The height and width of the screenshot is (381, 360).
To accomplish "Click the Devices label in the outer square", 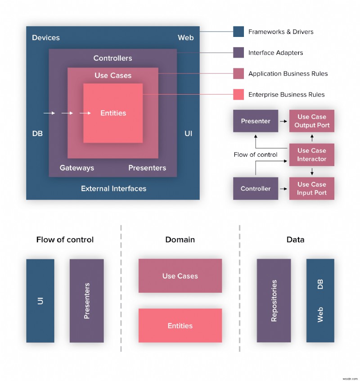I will pos(45,38).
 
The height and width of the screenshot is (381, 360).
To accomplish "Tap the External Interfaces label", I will pos(113,188).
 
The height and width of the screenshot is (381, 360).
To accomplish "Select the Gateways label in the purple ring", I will pos(77,168).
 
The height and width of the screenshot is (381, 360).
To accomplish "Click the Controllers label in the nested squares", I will pos(112,58).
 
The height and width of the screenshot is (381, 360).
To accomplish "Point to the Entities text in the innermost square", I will pos(113,113).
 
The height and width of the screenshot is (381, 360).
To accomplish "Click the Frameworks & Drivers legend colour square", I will pos(238,32).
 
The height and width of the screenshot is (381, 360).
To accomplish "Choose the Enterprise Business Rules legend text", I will pos(286,95).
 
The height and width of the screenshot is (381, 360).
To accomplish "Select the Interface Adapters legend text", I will pos(275,53).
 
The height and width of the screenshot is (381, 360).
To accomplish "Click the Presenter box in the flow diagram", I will pos(256,121).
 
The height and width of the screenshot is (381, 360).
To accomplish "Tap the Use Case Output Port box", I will pos(311,121).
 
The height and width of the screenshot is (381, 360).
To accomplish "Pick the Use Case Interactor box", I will pos(311,154).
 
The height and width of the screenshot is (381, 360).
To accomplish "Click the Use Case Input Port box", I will pos(311,188).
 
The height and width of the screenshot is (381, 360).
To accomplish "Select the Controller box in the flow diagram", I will pos(256,188).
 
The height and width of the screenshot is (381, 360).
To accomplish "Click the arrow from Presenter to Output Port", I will pos(283,121).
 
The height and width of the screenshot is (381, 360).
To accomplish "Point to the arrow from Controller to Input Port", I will pos(283,189).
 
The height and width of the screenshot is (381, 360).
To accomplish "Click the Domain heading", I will pos(180,240).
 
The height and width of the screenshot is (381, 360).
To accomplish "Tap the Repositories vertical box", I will pos(274,300).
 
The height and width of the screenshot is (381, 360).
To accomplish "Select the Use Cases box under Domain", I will pos(180,276).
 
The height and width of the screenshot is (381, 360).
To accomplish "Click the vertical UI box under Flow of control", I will pos(40,300).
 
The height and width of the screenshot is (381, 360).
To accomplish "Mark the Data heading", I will pos(295,240).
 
